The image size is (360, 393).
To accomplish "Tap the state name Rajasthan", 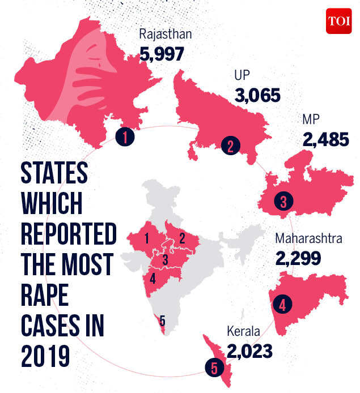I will pyautogui.click(x=166, y=35).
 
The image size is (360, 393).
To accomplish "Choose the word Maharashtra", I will pyautogui.click(x=308, y=239).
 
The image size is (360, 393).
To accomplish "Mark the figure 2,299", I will pyautogui.click(x=298, y=258).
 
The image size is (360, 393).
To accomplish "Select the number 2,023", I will pyautogui.click(x=249, y=351).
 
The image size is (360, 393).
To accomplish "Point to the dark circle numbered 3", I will pyautogui.click(x=282, y=201).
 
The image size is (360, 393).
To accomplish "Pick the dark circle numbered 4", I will pyautogui.click(x=282, y=305).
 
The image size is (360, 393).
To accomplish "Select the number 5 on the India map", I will pyautogui.click(x=163, y=322).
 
